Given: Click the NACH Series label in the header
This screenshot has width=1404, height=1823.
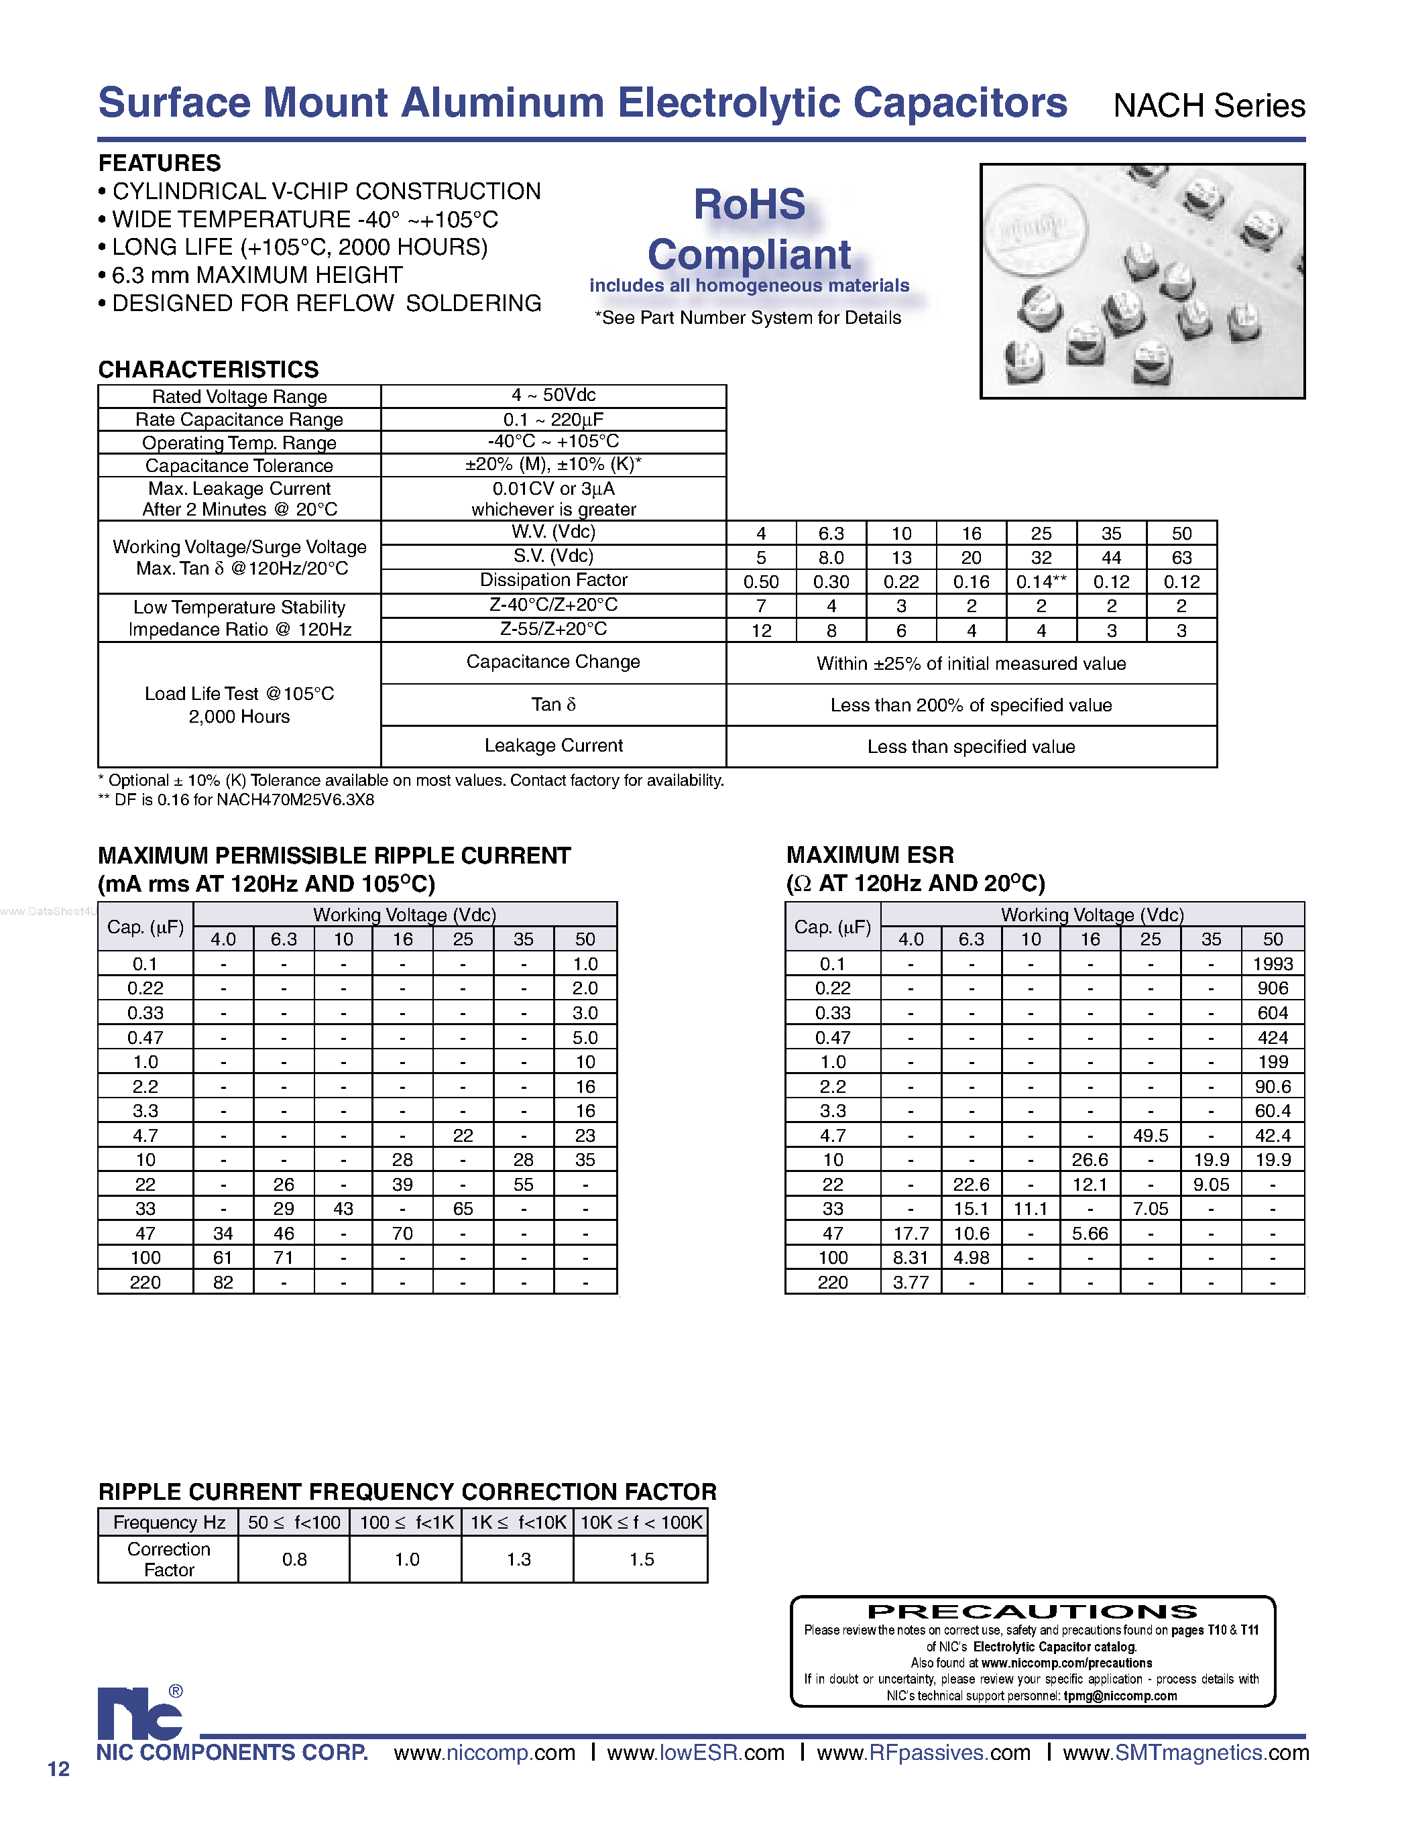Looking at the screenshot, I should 1209,106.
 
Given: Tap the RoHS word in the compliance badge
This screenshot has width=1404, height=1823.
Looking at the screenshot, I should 749,204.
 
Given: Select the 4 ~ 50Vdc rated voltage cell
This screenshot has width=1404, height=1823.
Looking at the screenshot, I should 553,396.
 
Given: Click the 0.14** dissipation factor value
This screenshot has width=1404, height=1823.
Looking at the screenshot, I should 1040,582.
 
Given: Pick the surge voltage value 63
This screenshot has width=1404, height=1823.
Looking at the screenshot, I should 1181,558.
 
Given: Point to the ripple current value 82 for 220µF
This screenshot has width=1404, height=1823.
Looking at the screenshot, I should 223,1282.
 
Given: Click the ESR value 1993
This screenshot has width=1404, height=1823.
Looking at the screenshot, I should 1272,964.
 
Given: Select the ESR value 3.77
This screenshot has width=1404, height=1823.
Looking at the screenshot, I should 910,1282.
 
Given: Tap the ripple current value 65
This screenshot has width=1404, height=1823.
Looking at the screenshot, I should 463,1209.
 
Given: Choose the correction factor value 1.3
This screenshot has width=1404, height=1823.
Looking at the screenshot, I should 518,1560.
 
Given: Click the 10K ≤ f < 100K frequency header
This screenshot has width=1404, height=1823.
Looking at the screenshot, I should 641,1523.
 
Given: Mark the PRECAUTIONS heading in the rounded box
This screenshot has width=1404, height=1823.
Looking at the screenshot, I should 1033,1612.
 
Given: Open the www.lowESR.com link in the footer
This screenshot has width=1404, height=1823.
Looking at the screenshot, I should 695,1753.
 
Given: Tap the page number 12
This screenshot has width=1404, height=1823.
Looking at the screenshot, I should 58,1769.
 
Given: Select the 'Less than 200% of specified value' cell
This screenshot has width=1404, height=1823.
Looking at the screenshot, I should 971,705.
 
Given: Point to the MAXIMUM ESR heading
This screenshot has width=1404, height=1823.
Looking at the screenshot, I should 870,855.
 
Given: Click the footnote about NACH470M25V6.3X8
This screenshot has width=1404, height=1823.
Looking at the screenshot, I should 236,800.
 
